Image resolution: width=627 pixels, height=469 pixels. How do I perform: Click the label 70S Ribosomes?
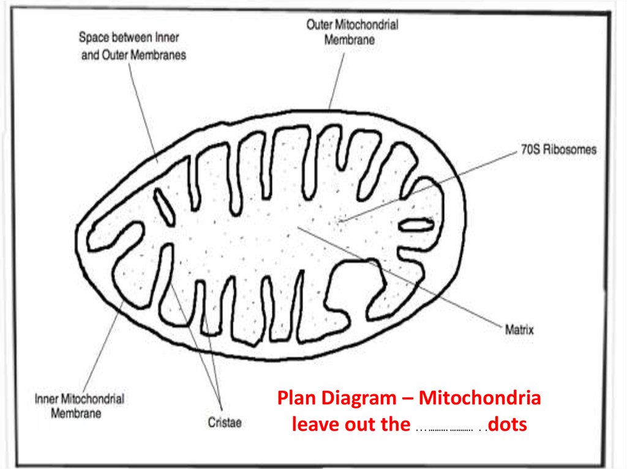pyautogui.click(x=558, y=150)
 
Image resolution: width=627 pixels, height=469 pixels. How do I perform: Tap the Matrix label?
pyautogui.click(x=519, y=330)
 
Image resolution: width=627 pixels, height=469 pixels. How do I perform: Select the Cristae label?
pyautogui.click(x=225, y=423)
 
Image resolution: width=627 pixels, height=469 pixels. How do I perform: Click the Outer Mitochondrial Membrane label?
pyautogui.click(x=352, y=32)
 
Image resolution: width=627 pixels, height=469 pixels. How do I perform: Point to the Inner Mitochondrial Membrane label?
pyautogui.click(x=79, y=406)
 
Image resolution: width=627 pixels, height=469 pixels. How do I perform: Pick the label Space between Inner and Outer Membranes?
pyautogui.click(x=133, y=46)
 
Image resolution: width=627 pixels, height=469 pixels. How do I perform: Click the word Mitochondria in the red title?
pyautogui.click(x=479, y=398)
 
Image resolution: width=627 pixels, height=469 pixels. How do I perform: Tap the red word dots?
pyautogui.click(x=508, y=424)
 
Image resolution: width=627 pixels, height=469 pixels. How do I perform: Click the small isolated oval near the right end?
pyautogui.click(x=416, y=225)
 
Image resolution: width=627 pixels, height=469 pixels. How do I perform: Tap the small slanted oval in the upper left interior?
pyautogui.click(x=164, y=206)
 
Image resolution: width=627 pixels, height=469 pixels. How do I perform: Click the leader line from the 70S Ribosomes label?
pyautogui.click(x=428, y=186)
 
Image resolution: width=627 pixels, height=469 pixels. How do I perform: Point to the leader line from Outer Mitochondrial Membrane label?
pyautogui.click(x=336, y=80)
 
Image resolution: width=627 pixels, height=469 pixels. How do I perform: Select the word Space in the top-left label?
pyautogui.click(x=94, y=37)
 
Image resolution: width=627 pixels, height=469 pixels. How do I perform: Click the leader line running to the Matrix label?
pyautogui.click(x=399, y=277)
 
